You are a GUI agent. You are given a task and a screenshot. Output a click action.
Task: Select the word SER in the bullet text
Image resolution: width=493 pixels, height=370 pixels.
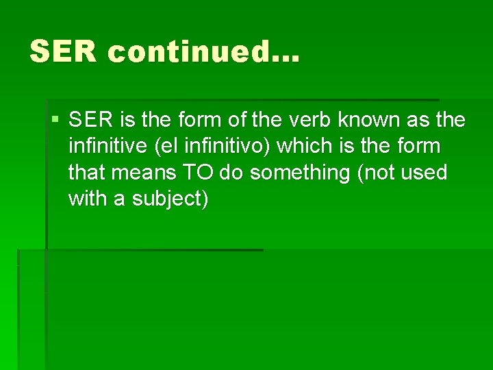[91, 121]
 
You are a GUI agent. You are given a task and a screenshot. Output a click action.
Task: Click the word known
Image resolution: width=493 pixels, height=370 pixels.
[367, 121]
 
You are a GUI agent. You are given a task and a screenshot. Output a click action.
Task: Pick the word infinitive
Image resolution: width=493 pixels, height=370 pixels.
[103, 147]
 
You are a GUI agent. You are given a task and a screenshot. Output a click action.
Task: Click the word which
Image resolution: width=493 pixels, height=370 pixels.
[305, 147]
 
